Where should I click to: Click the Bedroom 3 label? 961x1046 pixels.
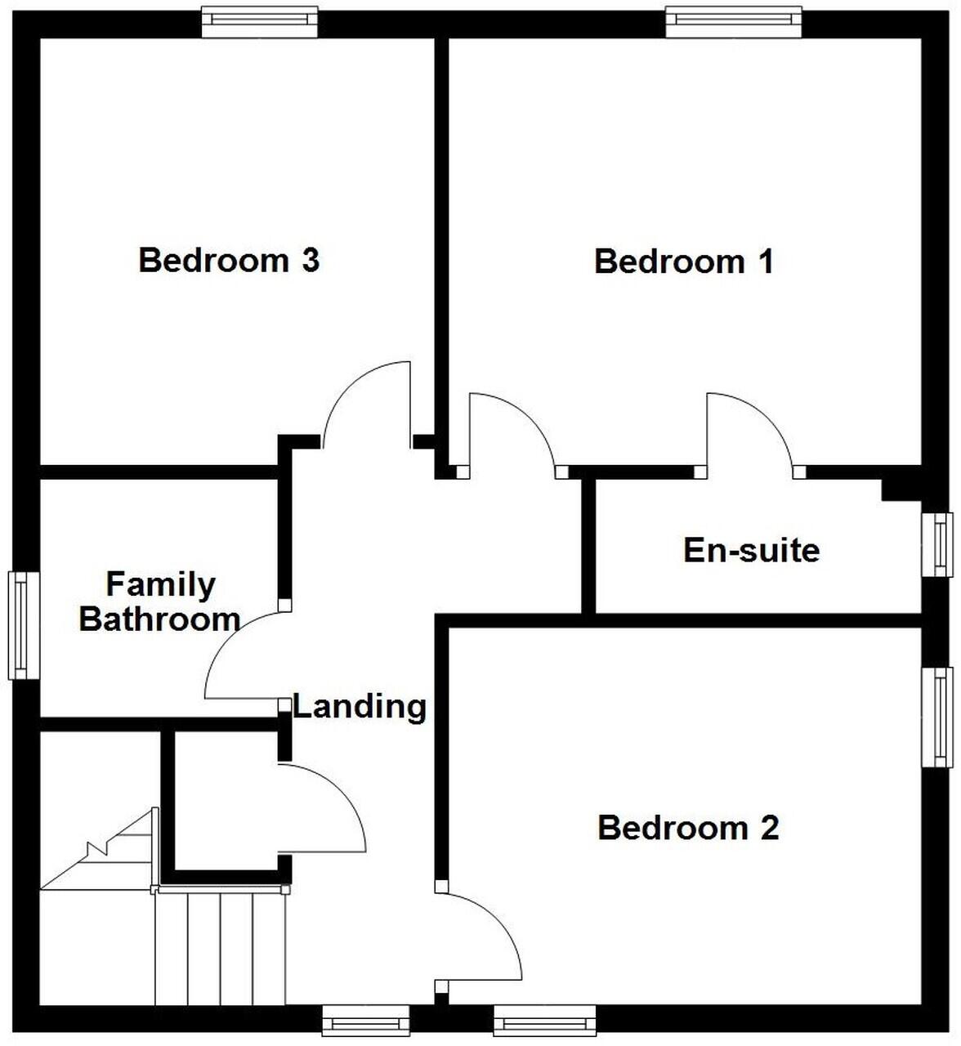click(x=229, y=261)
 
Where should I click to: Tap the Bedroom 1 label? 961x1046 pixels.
click(x=683, y=261)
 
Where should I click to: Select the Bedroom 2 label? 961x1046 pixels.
click(x=688, y=828)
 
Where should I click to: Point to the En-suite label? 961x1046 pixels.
click(x=751, y=550)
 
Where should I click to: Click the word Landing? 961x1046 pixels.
click(x=360, y=706)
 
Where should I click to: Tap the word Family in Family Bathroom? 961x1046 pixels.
click(x=161, y=584)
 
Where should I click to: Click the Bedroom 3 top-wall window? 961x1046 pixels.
click(x=260, y=21)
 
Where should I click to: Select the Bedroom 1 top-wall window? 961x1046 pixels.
click(x=733, y=21)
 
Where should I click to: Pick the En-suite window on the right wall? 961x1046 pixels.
click(x=938, y=544)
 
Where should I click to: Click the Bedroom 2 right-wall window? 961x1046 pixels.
click(x=938, y=717)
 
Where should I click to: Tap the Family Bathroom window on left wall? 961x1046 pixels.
click(x=24, y=625)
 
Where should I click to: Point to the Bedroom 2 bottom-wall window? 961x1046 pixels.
click(x=544, y=1021)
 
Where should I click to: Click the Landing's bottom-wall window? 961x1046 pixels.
click(x=365, y=1021)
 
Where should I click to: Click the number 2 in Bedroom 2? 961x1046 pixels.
click(x=769, y=828)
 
